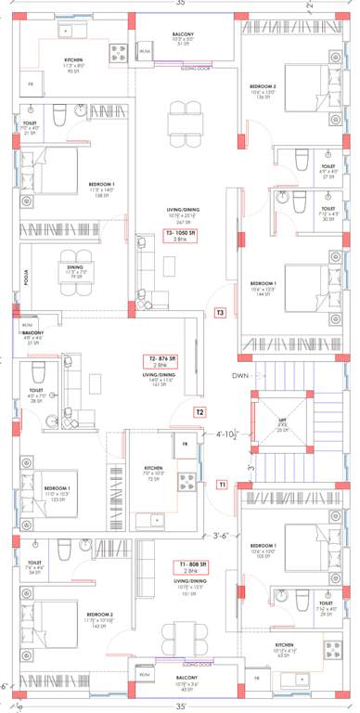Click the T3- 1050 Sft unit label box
coord(182,236)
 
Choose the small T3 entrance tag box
coord(220,313)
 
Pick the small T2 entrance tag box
coord(199,411)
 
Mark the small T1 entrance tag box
coord(222,485)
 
